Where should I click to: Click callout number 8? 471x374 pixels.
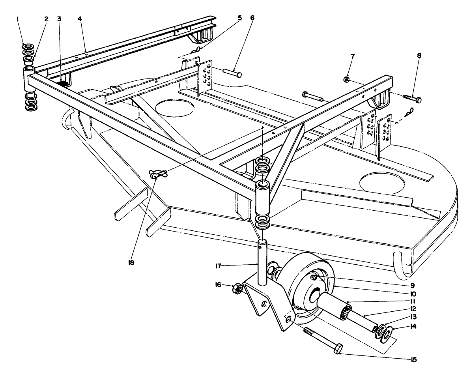419,56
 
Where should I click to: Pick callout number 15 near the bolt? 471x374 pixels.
413,359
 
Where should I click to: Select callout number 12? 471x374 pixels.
413,309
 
